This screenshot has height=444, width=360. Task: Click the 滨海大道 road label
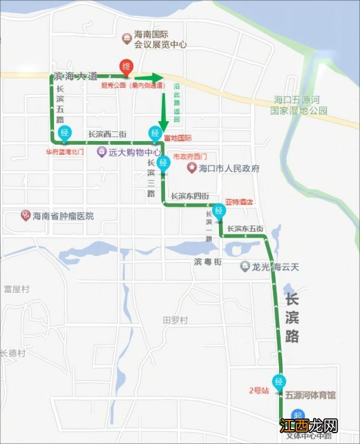tap(74, 77)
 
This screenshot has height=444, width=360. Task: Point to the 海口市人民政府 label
tap(229, 169)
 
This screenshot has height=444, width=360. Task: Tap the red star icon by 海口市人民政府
tap(192, 168)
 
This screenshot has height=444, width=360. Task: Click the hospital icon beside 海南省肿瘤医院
tap(25, 215)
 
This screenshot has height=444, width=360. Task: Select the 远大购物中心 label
tap(135, 152)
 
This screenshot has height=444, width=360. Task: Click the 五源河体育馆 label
tap(310, 395)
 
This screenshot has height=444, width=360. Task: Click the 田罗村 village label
tap(175, 320)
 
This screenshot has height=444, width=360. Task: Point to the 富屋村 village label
tap(16, 289)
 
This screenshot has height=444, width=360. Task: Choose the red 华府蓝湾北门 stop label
tap(64, 152)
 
